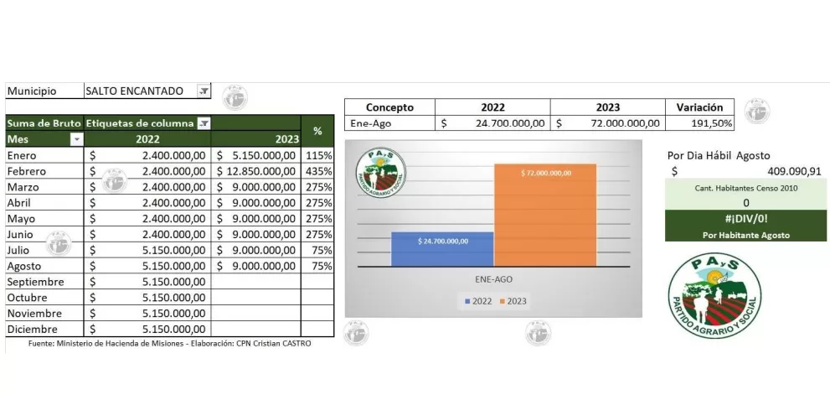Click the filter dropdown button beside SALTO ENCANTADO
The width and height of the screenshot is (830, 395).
204,91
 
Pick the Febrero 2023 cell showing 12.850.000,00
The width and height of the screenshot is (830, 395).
255,171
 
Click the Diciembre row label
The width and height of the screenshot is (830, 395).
30,329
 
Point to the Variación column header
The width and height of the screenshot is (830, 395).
699,107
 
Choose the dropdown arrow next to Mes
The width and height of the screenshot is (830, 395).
76,139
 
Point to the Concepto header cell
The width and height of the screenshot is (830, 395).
390,107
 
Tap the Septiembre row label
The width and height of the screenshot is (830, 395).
35,282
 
